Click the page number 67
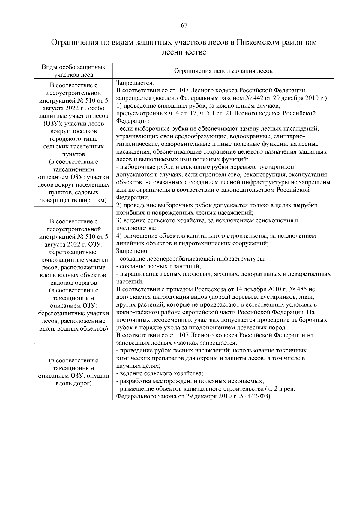(184, 26)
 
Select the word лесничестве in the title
(184, 52)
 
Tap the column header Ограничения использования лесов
(223, 71)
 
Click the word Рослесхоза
(209, 289)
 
